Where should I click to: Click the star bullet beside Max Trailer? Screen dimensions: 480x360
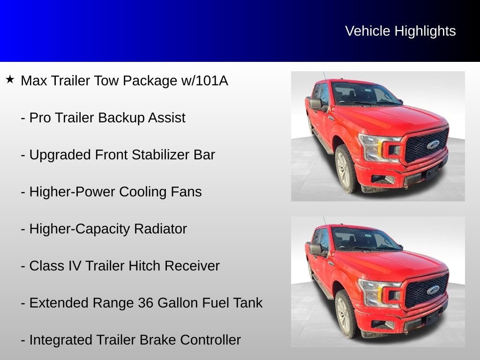(10, 79)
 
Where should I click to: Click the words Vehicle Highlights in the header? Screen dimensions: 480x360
(400, 31)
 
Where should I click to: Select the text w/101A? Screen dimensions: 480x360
(204, 81)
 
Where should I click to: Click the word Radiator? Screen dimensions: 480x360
(160, 229)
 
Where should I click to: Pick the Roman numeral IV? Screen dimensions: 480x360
(75, 266)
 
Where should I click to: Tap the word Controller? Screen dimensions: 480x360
(210, 340)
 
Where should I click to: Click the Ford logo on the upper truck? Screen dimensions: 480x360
(433, 145)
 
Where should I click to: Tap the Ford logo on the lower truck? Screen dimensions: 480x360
(433, 290)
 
